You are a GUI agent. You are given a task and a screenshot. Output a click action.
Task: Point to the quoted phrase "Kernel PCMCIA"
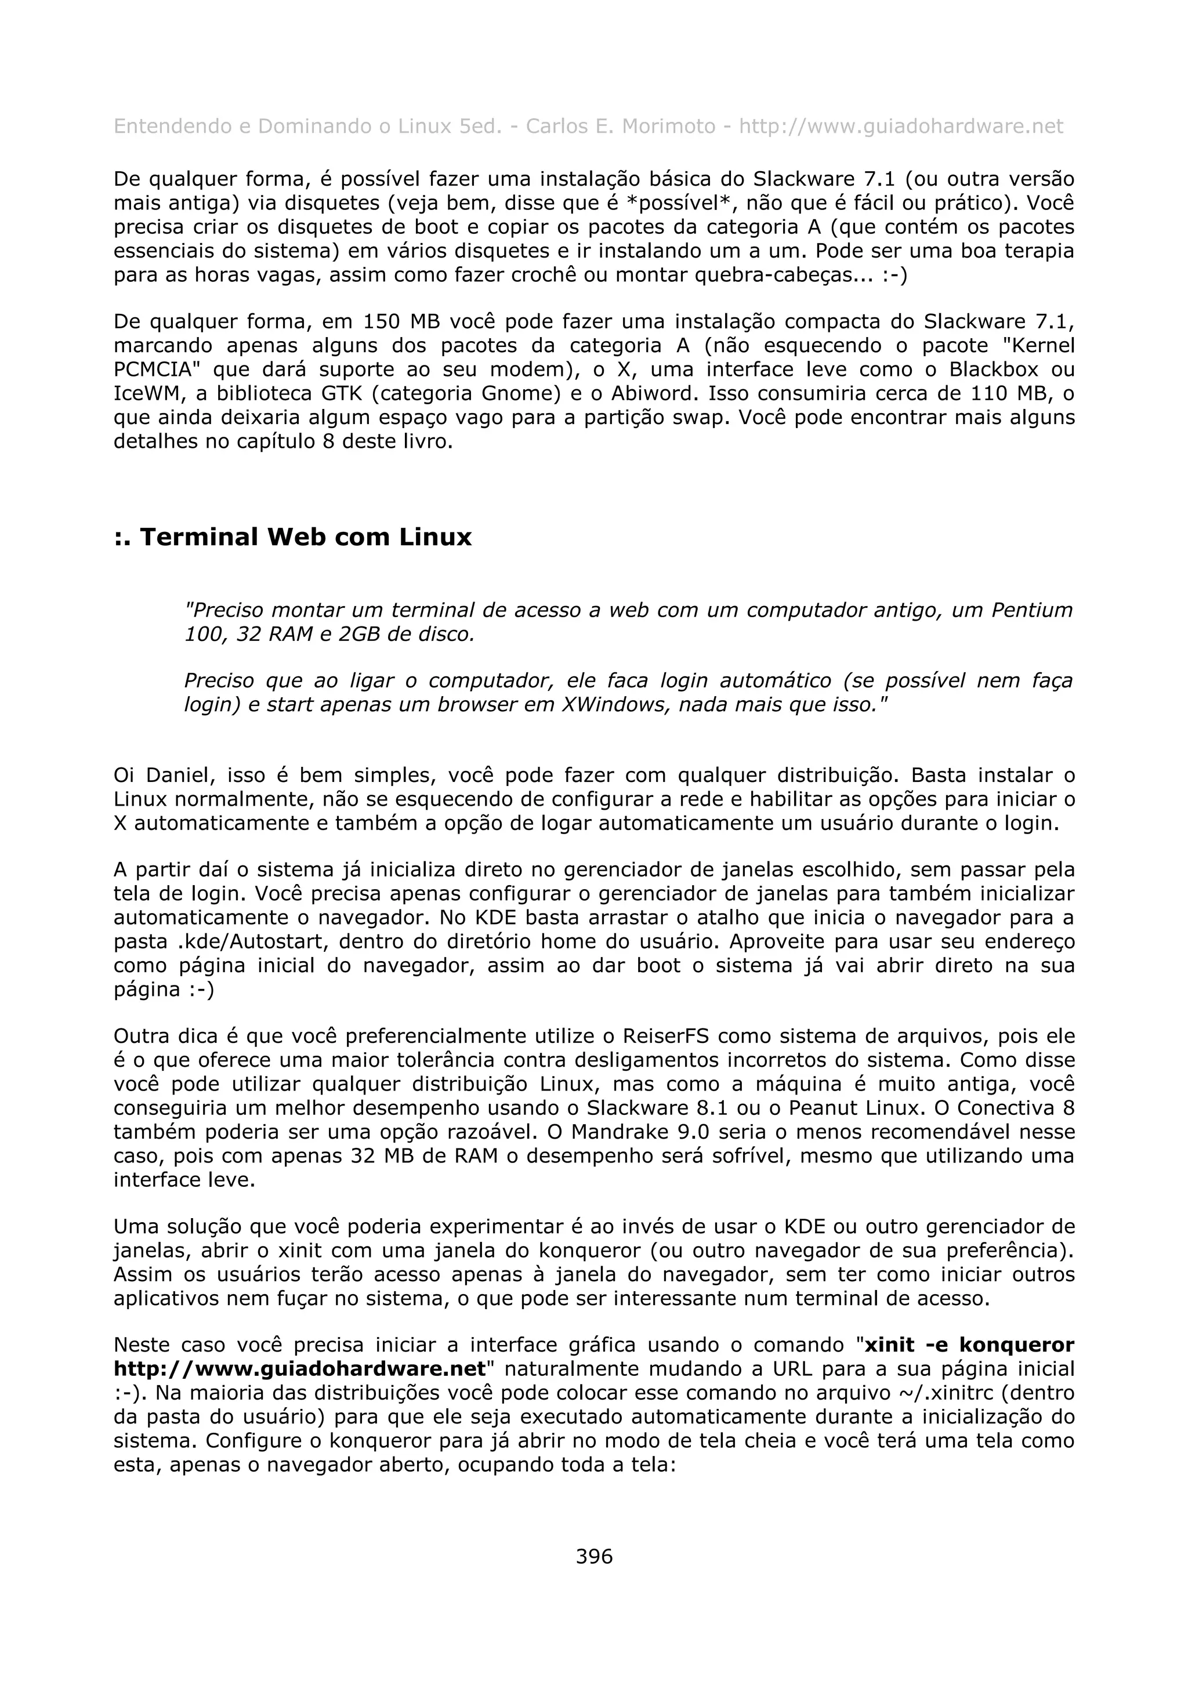pyautogui.click(x=1032, y=346)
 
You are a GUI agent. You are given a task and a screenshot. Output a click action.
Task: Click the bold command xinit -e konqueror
pyautogui.click(x=969, y=1345)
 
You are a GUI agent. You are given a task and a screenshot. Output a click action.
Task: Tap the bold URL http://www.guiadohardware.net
pyautogui.click(x=299, y=1369)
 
